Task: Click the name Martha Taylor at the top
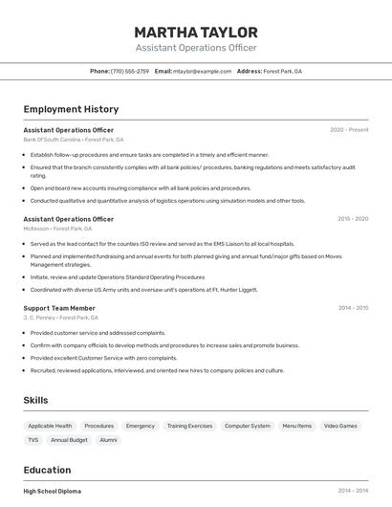[x=196, y=32]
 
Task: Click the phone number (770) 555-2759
[x=130, y=71]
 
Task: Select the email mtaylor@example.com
[x=202, y=71]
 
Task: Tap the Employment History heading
[x=71, y=109]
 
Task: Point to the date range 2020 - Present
[x=349, y=129]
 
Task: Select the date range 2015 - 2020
[x=353, y=219]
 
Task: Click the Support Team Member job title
[x=59, y=308]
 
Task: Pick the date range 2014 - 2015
[x=353, y=308]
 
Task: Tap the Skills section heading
[x=35, y=400]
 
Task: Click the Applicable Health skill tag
[x=50, y=426]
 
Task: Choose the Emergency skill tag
[x=141, y=426]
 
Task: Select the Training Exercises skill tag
[x=189, y=426]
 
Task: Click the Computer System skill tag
[x=247, y=426]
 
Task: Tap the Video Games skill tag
[x=340, y=426]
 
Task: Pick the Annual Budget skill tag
[x=69, y=440]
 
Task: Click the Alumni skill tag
[x=108, y=440]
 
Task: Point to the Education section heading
[x=47, y=470]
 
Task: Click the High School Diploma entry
[x=53, y=492]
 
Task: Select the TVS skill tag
[x=33, y=440]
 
